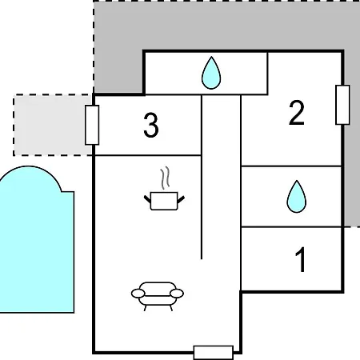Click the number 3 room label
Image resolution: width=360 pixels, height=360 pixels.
pos(151,125)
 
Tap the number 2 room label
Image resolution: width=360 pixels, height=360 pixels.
pos(297,113)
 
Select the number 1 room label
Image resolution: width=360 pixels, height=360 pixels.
pos(301,259)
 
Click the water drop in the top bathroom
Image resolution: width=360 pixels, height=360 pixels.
pos(211,73)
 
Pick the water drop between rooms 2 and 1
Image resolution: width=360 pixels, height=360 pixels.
pos(297,197)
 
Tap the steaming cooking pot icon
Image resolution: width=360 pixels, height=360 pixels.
pos(164,189)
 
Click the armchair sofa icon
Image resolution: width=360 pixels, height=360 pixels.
pos(158,296)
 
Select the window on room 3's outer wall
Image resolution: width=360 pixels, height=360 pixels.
pos(92,125)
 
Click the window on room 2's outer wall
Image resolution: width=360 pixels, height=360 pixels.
pos(342,105)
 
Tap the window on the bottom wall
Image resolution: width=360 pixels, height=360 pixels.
pos(214,353)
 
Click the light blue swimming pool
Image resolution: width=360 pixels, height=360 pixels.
pos(36,246)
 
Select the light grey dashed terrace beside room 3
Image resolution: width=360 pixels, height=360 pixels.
pos(52,125)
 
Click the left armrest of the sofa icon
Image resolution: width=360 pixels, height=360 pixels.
pos(138,294)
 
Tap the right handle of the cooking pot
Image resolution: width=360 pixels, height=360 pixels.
pos(181,199)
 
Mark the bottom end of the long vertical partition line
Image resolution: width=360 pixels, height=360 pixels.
pos(202,259)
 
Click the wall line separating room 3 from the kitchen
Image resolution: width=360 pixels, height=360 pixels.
pos(148,155)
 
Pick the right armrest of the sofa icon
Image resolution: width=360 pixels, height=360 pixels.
pos(177,294)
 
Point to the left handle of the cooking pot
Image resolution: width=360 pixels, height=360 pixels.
pos(147,199)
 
